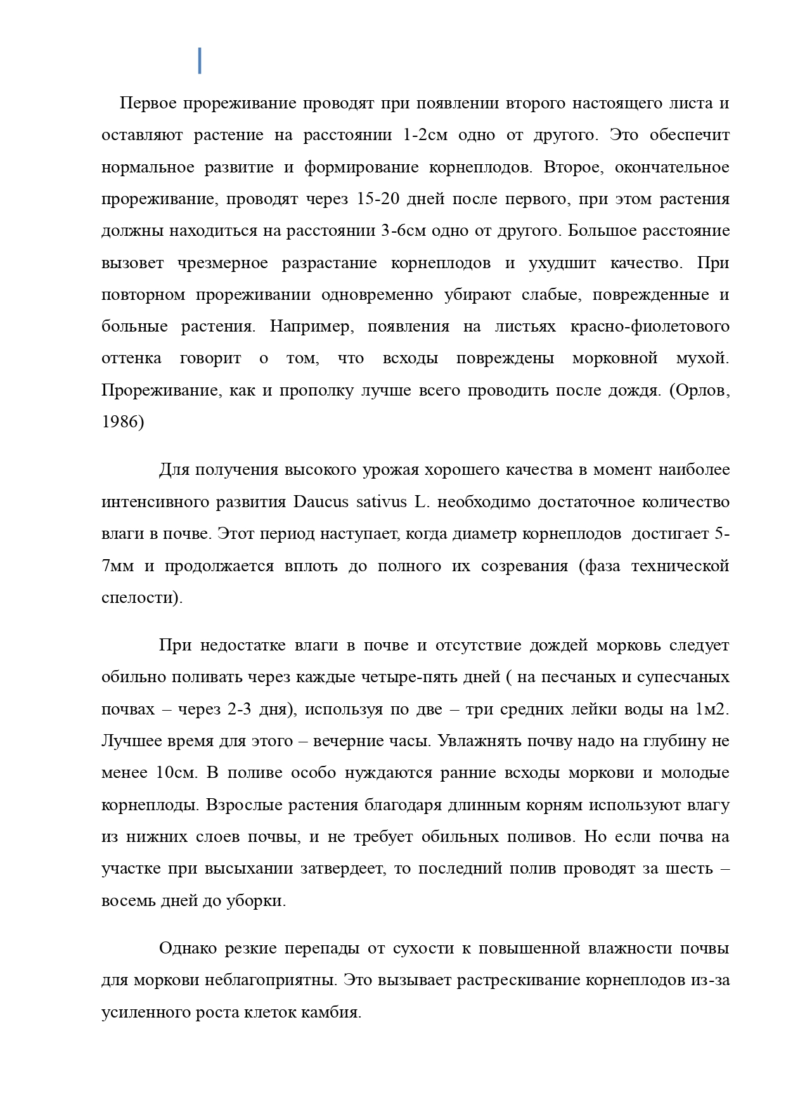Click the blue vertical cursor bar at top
coord(200,60)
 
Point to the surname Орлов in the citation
coord(704,391)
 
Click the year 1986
coord(120,422)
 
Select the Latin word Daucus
coord(321,502)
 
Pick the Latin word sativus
coord(381,502)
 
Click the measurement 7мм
coord(117,566)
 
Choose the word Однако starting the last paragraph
coord(188,948)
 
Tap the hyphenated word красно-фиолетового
coord(650,327)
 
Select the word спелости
coord(140,598)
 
